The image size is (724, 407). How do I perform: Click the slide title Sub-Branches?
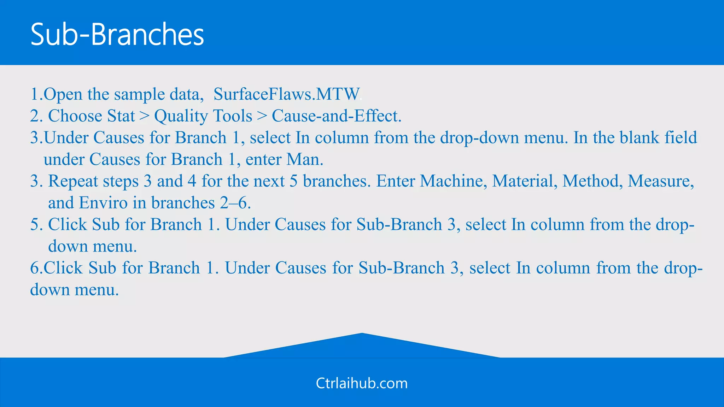117,34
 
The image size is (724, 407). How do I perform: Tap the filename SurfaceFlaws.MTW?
286,94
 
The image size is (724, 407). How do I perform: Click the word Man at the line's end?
304,159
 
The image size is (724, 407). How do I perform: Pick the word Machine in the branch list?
451,181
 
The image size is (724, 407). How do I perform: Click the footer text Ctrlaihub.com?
362,383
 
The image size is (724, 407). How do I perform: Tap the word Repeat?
73,181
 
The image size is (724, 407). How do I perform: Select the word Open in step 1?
63,94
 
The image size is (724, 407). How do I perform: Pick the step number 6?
35,268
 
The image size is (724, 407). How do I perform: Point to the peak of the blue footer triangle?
362,334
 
